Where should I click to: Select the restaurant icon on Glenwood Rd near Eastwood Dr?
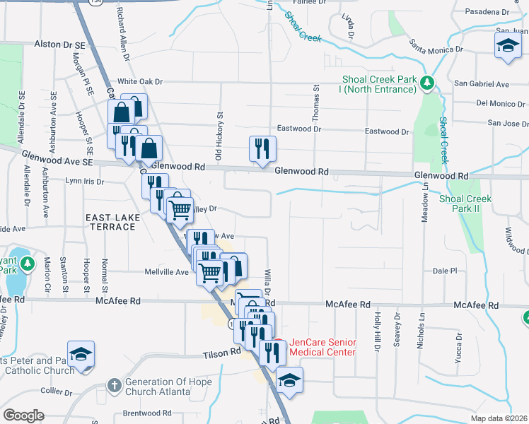[261, 148]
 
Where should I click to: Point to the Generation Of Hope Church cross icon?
[114, 386]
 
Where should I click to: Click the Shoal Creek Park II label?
[465, 204]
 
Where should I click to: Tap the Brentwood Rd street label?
[147, 413]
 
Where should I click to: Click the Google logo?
[23, 416]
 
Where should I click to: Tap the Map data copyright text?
[498, 418]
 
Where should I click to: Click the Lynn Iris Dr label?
[84, 182]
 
